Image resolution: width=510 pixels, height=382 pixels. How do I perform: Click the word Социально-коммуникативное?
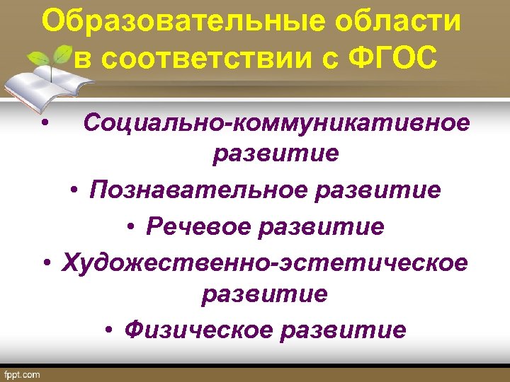coord(276,123)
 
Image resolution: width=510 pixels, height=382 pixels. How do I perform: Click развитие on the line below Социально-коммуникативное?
coord(276,155)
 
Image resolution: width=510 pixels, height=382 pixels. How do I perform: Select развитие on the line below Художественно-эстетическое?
coord(264,294)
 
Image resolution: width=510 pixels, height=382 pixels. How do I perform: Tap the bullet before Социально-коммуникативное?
coord(45,124)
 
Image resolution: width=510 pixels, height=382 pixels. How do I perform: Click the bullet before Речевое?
coord(132,227)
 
